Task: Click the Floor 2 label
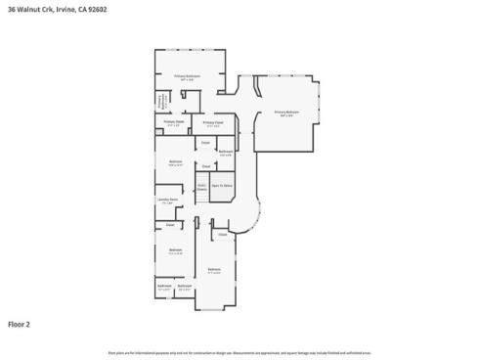coord(19,323)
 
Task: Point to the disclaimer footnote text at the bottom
coord(239,351)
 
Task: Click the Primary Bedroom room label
coord(286,112)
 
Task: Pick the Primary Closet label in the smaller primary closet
coord(174,123)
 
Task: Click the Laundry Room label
coord(166,200)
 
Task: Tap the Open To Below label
coord(222,185)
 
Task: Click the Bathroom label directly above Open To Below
coord(226,151)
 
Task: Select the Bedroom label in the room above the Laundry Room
coord(175,161)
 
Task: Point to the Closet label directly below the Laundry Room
coord(170,224)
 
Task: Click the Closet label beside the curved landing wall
coord(223,235)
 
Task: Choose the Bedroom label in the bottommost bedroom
coord(214,270)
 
